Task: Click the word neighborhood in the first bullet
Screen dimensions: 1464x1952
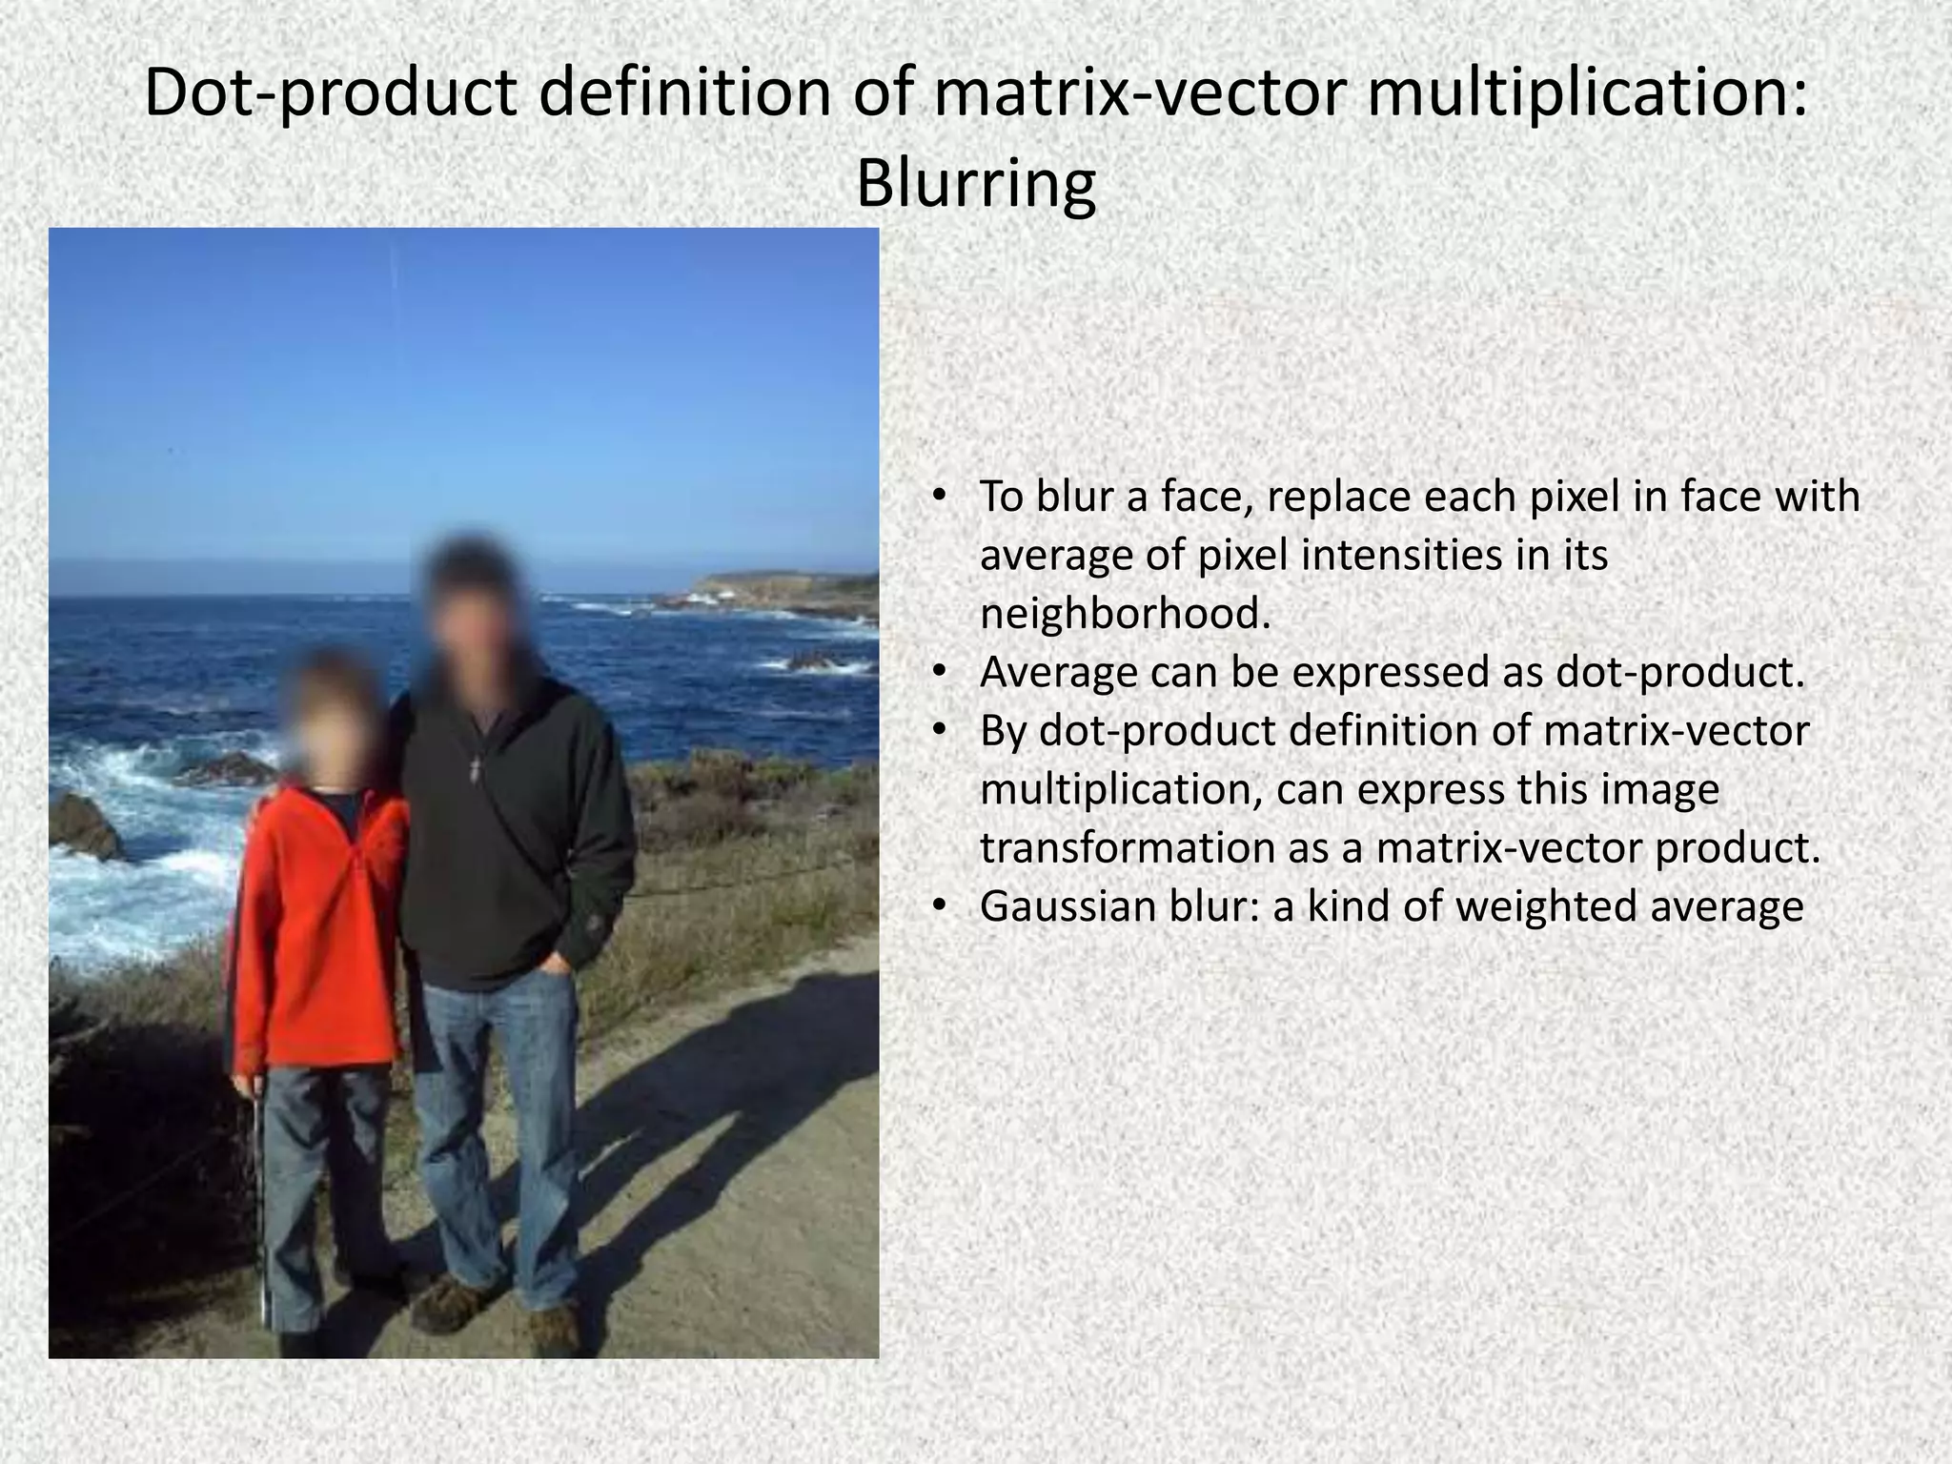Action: pyautogui.click(x=1125, y=614)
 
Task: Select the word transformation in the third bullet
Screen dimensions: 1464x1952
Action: pyautogui.click(x=1126, y=848)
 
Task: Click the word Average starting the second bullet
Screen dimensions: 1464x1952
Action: pyautogui.click(x=1058, y=673)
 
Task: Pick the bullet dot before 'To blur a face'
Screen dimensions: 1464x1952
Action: pyautogui.click(x=939, y=497)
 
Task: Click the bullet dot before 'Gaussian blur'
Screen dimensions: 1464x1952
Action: pyautogui.click(x=939, y=906)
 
